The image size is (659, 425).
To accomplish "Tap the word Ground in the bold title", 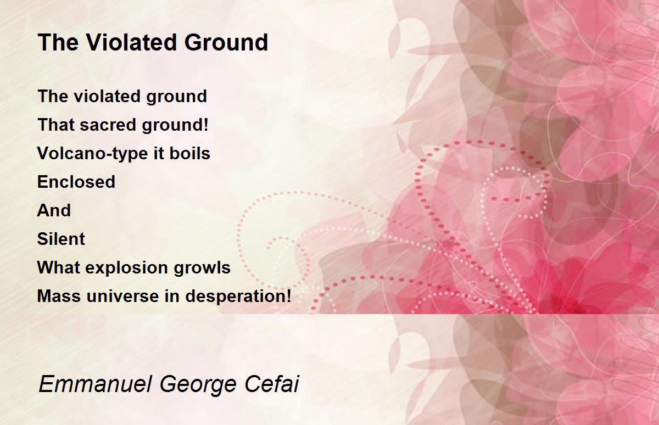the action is pyautogui.click(x=226, y=42).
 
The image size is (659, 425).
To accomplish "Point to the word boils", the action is pyautogui.click(x=190, y=153).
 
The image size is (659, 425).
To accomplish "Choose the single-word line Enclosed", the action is pyautogui.click(x=76, y=181).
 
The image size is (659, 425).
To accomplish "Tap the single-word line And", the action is pyautogui.click(x=54, y=210).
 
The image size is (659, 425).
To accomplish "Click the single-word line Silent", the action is pyautogui.click(x=61, y=238).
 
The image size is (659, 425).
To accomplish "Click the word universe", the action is pyautogui.click(x=123, y=296).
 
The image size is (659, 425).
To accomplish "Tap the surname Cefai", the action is pyautogui.click(x=271, y=384).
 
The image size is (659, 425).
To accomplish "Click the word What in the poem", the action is pyautogui.click(x=59, y=267).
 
